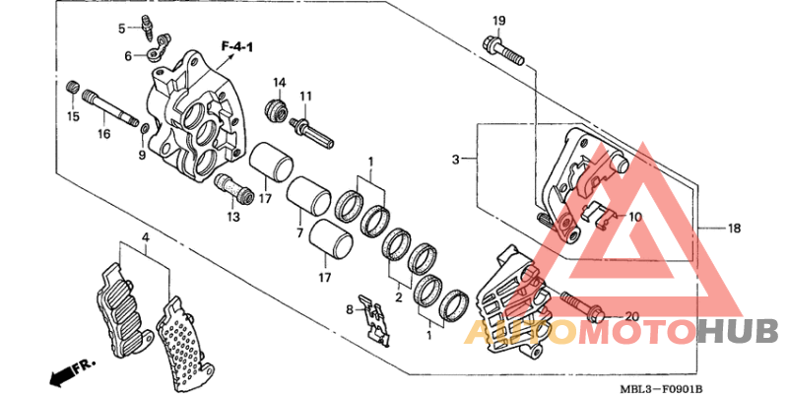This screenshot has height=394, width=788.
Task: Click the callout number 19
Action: click(498, 21)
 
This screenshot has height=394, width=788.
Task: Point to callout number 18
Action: click(734, 229)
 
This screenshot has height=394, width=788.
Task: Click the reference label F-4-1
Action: click(238, 46)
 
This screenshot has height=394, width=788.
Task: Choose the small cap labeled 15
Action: click(71, 92)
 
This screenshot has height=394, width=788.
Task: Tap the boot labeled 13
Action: click(233, 183)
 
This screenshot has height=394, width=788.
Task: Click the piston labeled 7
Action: click(306, 200)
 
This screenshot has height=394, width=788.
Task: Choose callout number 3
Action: click(457, 159)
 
